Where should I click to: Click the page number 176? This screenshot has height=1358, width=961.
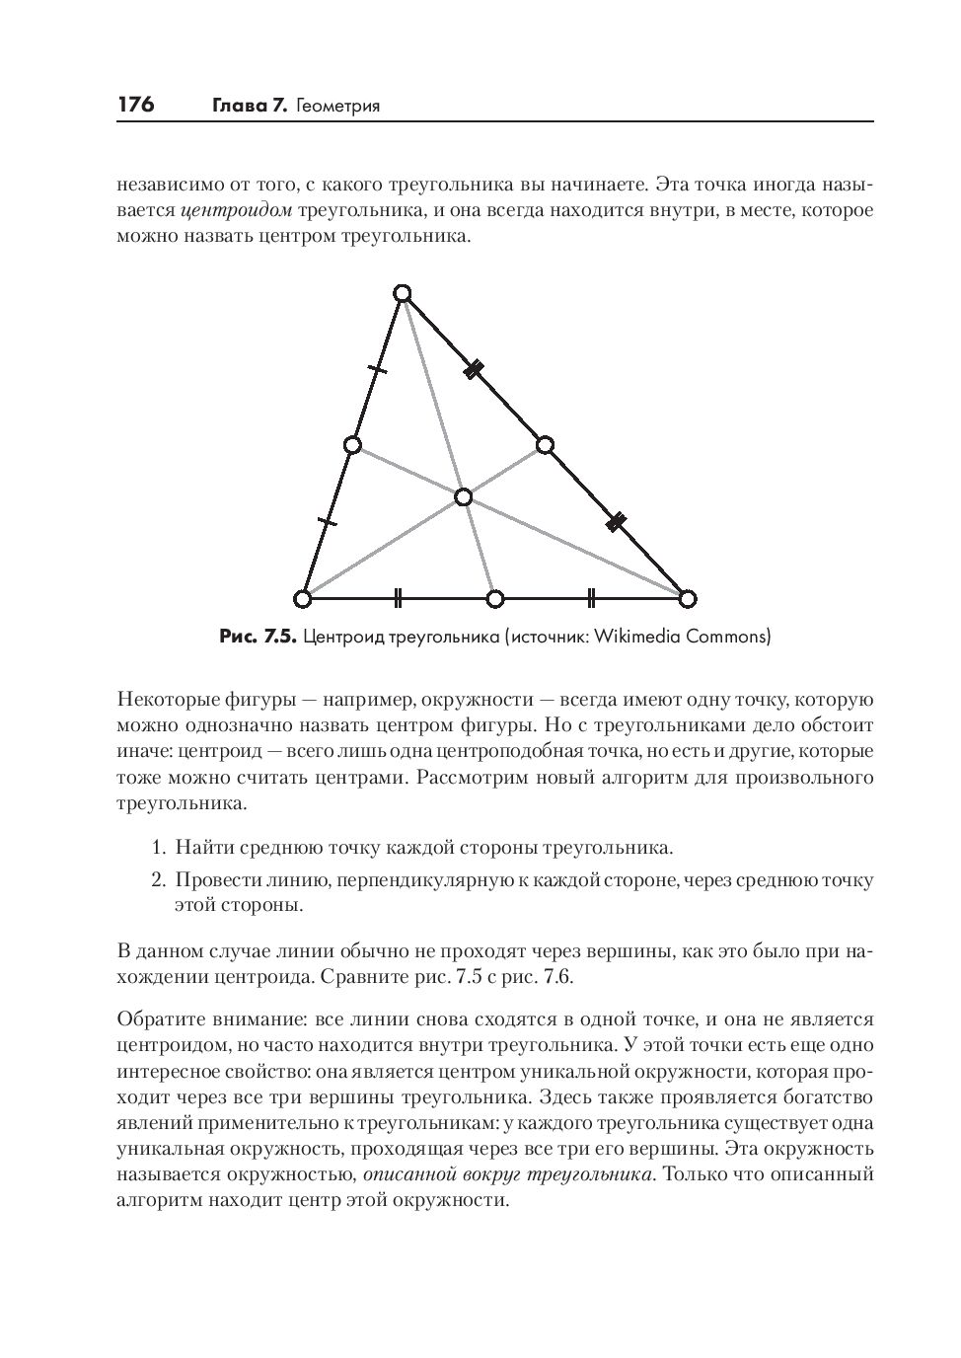136,105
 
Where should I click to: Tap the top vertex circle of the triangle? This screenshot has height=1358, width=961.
402,293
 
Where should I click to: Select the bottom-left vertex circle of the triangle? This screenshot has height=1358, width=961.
303,598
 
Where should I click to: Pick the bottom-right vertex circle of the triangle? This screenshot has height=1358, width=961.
688,598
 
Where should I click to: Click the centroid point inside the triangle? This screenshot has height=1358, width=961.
464,496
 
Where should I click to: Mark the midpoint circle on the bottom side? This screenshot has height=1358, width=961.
495,598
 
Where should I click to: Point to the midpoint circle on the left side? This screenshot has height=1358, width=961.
352,445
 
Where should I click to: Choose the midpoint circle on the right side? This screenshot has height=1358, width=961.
545,445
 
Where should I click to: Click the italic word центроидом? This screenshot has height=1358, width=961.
237,211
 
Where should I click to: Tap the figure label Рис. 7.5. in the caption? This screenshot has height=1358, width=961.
258,637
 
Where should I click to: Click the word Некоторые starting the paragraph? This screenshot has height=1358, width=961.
163,701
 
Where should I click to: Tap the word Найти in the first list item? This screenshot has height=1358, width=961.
200,848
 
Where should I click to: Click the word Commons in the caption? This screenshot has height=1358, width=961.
726,637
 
